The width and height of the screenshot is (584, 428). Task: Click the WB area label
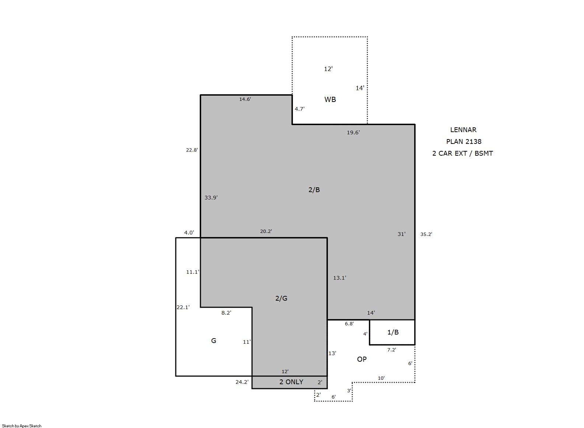(330, 99)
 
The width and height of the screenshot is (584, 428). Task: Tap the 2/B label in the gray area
(314, 190)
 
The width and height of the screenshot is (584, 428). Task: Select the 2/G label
(281, 298)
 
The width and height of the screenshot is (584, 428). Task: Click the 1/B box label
(393, 332)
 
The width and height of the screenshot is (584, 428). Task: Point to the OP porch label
(362, 359)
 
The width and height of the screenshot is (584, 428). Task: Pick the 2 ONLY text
(291, 382)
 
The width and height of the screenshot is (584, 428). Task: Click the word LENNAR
(463, 130)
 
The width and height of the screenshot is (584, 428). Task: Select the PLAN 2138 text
(464, 142)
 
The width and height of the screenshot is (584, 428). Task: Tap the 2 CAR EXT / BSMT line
(462, 153)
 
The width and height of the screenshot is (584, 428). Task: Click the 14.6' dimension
(245, 99)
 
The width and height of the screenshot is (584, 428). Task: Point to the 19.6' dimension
(353, 132)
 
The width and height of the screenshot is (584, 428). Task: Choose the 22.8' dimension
(192, 150)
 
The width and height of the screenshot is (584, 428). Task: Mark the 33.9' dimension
(211, 198)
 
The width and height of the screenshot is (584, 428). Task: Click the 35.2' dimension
(426, 234)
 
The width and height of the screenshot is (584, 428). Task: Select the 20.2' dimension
(266, 231)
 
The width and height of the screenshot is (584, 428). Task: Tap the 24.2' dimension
(242, 382)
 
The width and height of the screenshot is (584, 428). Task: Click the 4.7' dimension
(300, 109)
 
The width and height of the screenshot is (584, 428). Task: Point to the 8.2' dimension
(226, 313)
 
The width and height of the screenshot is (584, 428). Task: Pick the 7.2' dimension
(392, 350)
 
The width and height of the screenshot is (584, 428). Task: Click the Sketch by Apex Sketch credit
(22, 426)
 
